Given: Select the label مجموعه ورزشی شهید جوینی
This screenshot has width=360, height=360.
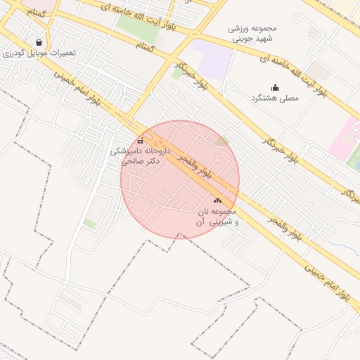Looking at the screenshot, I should click(252, 33).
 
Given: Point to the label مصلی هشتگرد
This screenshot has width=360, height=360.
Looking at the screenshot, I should click(275, 98).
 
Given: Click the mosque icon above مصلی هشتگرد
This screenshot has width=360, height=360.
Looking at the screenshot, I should click(275, 87).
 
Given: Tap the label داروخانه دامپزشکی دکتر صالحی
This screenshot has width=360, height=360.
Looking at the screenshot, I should click(141, 155).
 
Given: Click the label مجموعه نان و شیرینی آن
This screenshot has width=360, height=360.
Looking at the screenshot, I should click(217, 217).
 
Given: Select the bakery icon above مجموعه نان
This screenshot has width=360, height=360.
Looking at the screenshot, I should click(217, 201).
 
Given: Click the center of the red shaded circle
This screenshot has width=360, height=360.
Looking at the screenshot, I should click(180, 179).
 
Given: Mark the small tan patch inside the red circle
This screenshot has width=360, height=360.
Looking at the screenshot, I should click(222, 142).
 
